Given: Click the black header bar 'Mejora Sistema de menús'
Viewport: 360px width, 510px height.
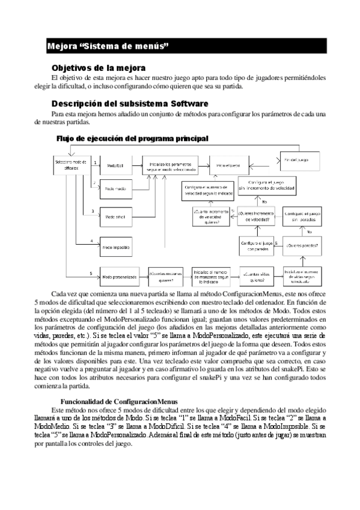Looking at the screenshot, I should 180,46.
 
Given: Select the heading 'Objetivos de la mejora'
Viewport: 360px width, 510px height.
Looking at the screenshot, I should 99,67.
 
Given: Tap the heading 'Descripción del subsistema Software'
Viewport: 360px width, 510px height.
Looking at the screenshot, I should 130,103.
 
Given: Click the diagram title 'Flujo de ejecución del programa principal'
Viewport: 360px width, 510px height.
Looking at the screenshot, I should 132,138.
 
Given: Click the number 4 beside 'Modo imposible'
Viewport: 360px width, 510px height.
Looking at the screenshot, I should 91,241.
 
